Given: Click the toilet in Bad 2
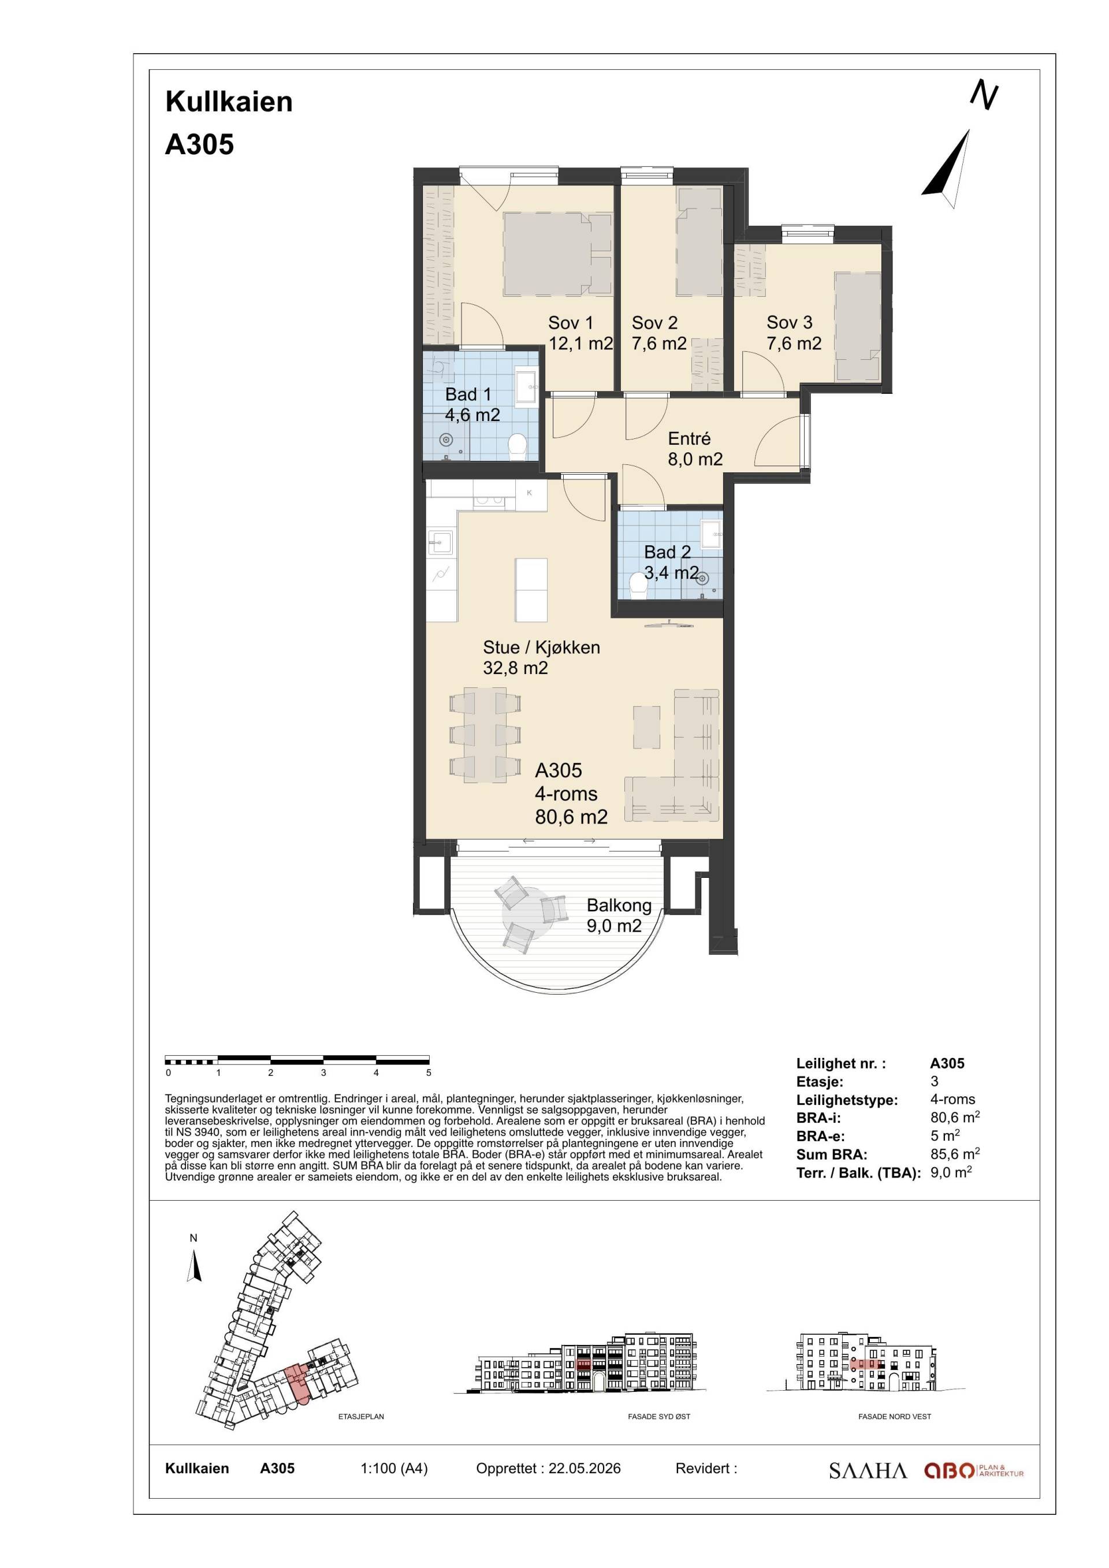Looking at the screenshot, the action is pyautogui.click(x=637, y=584).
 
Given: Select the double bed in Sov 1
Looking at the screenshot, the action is pyautogui.click(x=557, y=254).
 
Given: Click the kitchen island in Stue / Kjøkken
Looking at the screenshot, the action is pyautogui.click(x=531, y=590).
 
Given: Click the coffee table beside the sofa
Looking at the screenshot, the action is pyautogui.click(x=647, y=727).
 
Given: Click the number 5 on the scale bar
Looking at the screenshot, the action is pyautogui.click(x=429, y=1073).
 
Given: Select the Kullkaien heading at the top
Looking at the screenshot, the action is pyautogui.click(x=229, y=102).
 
